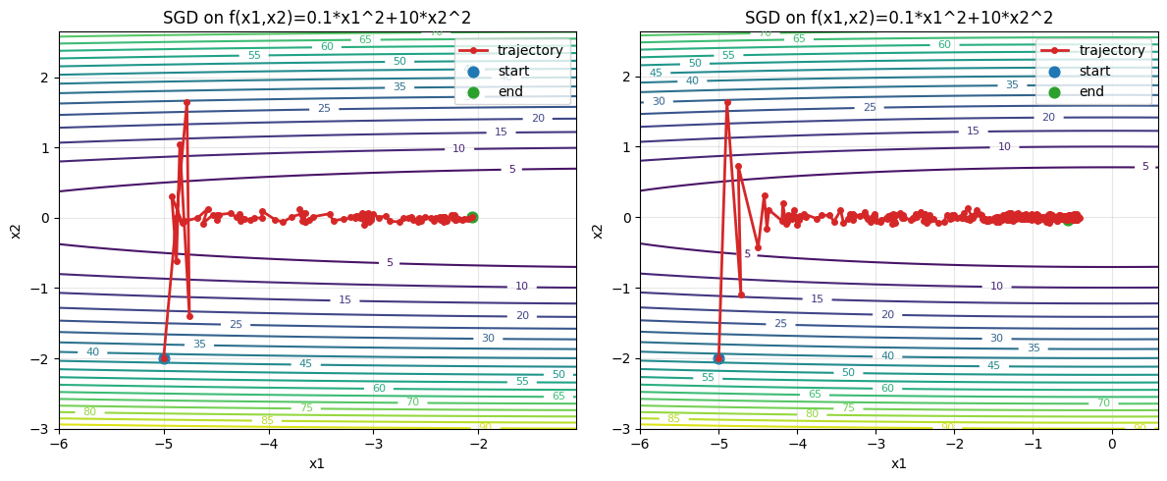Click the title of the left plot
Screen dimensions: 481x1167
[317, 18]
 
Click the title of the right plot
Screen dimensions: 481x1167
[898, 18]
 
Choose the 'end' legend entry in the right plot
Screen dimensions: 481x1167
[1092, 92]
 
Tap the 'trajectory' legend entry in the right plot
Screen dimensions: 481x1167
[1111, 50]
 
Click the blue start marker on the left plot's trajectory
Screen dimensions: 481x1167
[164, 358]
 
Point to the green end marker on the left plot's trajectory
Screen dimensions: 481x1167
[472, 217]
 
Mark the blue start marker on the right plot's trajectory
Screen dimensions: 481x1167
[718, 358]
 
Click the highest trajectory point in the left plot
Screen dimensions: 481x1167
[186, 102]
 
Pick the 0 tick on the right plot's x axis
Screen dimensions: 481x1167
[1111, 444]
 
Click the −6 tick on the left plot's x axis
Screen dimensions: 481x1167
[59, 444]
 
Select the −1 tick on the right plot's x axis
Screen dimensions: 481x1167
[1033, 444]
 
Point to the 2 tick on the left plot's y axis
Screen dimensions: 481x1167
[44, 77]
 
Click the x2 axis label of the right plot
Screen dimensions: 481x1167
[597, 231]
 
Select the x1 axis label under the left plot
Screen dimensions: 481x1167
[317, 463]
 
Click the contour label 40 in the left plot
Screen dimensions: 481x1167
[92, 352]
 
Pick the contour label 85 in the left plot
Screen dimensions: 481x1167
[267, 421]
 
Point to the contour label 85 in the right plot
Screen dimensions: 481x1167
[673, 419]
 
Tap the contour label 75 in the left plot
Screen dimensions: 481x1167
[306, 408]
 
